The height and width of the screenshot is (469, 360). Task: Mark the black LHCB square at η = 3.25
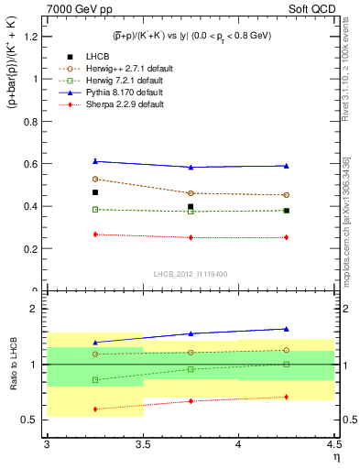pos(94,192)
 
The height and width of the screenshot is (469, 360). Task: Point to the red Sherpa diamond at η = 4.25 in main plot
pos(287,237)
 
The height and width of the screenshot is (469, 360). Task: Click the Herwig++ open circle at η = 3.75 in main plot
pos(191,193)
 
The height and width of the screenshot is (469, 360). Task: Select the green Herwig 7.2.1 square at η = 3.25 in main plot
pos(94,209)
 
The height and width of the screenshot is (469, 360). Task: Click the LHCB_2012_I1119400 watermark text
pos(191,275)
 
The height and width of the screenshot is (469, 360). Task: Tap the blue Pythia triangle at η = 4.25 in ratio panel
pos(287,328)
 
